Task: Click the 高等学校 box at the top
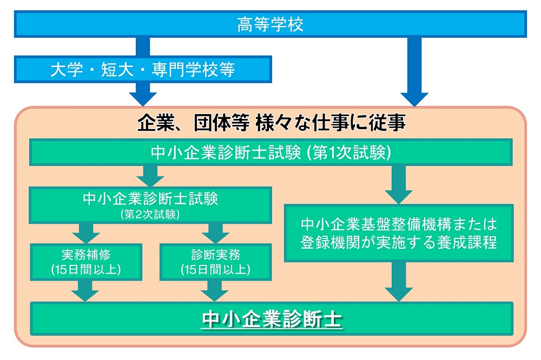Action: point(270,24)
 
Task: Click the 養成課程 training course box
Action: point(398,233)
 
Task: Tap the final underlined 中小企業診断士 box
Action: point(271,319)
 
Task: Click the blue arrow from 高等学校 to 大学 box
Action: point(143,46)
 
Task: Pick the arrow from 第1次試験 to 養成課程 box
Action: point(398,184)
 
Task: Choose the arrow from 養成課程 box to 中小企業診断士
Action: point(398,282)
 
